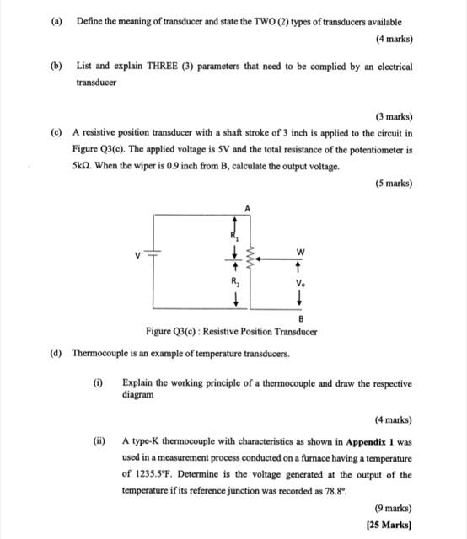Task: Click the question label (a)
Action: click(56, 22)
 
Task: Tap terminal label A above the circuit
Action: click(248, 207)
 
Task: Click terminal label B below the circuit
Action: click(300, 318)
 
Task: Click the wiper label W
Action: click(300, 253)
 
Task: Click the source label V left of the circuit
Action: click(132, 258)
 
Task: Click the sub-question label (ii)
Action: click(99, 440)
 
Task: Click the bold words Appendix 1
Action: click(370, 440)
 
